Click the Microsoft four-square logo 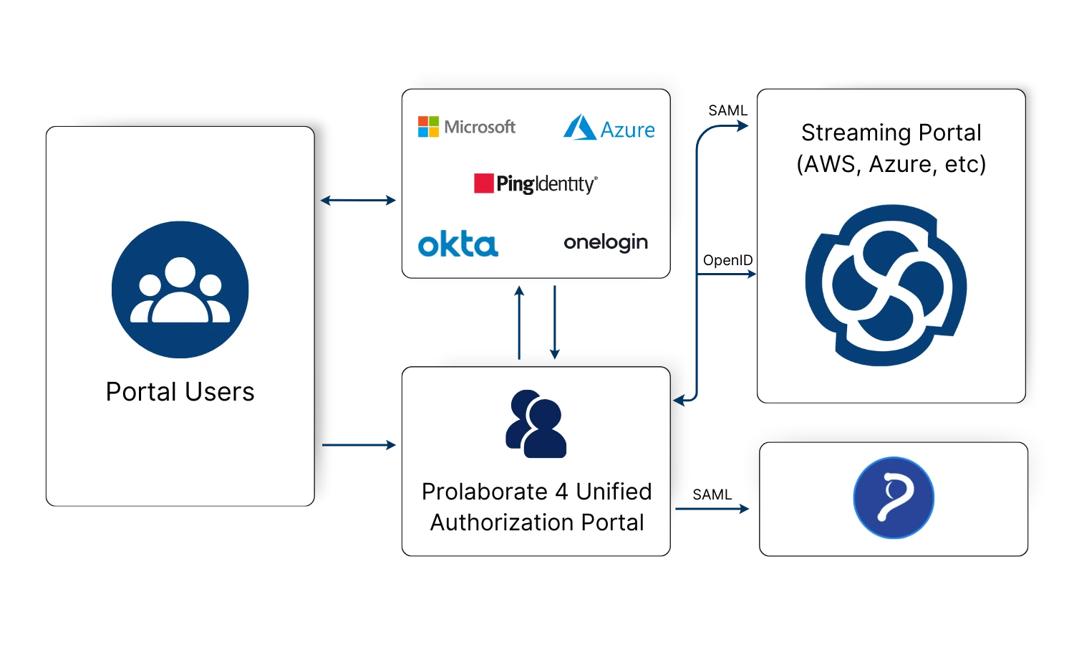(x=428, y=127)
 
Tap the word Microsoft (x=480, y=127)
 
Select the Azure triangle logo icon (x=579, y=128)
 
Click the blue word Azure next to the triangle (x=627, y=130)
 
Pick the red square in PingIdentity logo (x=484, y=183)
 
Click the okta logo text (x=458, y=244)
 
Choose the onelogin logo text (x=606, y=243)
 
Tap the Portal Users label (x=180, y=392)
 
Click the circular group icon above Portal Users (x=180, y=290)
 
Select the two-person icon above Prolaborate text (x=536, y=424)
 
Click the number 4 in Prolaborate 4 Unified (x=561, y=492)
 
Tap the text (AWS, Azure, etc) (x=891, y=164)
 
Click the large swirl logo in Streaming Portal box (x=886, y=285)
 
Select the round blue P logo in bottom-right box (x=894, y=498)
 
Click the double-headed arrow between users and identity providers (x=359, y=201)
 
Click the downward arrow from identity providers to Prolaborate (x=554, y=322)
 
